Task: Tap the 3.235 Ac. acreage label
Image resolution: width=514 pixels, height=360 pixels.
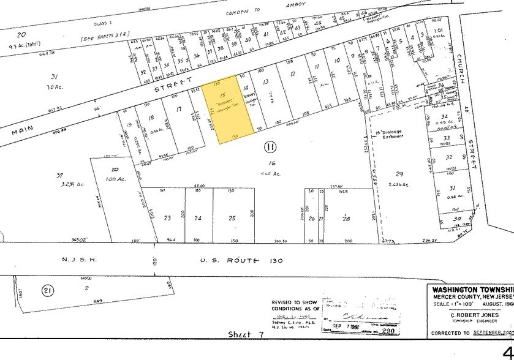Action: (71, 184)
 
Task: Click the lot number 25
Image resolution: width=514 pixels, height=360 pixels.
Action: (232, 219)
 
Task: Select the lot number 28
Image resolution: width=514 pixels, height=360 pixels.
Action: (346, 219)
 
